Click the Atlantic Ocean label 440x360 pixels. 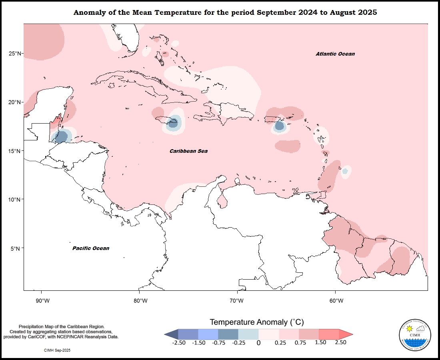coord(335,54)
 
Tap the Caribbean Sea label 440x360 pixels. coord(188,151)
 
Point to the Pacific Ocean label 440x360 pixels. coord(91,248)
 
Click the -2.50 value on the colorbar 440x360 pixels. coord(178,342)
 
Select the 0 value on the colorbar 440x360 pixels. coord(258,343)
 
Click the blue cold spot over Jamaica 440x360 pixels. coord(173,123)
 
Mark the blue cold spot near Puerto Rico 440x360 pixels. coord(279,126)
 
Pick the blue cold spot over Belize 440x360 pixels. coord(61,137)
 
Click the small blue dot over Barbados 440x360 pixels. coord(345,171)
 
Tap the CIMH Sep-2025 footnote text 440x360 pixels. coord(57,350)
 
